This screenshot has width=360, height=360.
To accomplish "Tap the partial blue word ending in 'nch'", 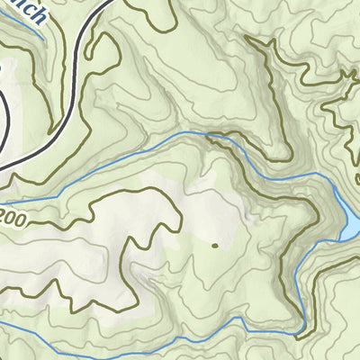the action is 22,10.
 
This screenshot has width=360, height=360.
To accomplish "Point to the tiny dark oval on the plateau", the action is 214,244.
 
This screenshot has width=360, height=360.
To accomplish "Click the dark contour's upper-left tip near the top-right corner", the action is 248,38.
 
